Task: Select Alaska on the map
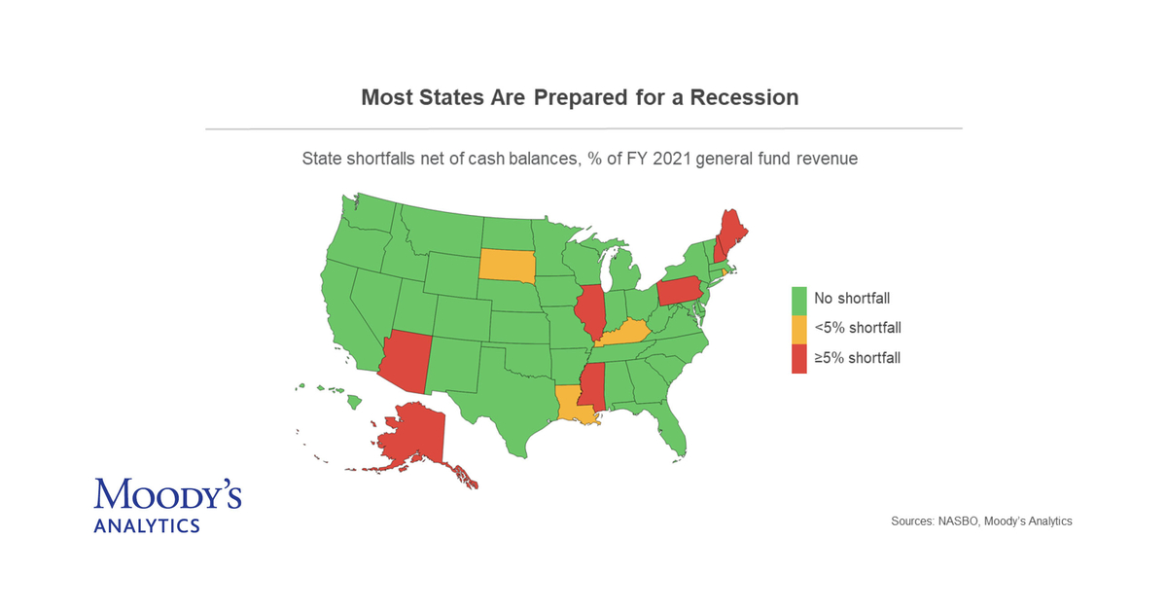coord(413,438)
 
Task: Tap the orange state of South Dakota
coord(507,265)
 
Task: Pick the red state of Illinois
coord(589,311)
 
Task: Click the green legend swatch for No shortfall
coord(799,298)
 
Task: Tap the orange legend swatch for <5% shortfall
coord(799,328)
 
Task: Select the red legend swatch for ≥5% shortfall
coord(799,358)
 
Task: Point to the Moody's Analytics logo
coord(167,504)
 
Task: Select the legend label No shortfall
coord(852,298)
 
